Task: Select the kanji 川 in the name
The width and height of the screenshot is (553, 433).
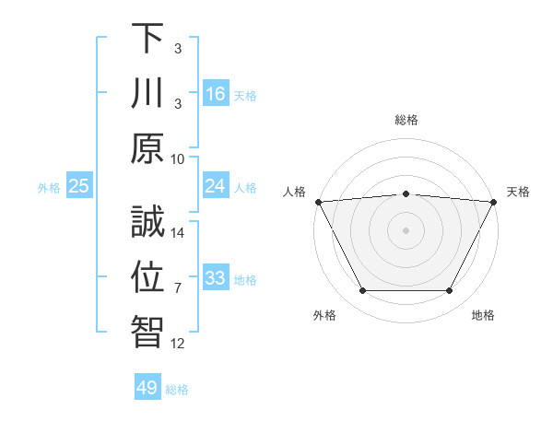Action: click(147, 93)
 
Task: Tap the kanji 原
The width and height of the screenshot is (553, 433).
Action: click(147, 148)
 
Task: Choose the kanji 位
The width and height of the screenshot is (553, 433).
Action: click(147, 277)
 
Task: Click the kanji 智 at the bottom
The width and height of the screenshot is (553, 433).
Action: click(147, 333)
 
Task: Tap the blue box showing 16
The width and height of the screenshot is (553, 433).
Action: click(216, 93)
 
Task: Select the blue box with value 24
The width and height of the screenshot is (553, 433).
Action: click(216, 186)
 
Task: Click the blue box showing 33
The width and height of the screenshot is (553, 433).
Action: click(216, 278)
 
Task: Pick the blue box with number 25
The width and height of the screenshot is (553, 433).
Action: click(79, 186)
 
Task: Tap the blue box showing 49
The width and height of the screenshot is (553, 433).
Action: click(147, 388)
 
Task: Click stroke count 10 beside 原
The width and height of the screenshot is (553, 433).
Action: click(178, 158)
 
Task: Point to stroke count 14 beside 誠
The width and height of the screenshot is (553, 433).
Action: click(178, 233)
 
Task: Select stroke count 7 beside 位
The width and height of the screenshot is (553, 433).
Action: click(178, 288)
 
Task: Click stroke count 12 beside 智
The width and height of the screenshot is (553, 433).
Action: click(178, 344)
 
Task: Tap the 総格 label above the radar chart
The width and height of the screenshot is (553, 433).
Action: click(406, 120)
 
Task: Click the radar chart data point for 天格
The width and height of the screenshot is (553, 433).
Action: click(495, 202)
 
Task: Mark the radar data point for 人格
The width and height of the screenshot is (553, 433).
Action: click(317, 202)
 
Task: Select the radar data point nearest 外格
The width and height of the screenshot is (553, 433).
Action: click(362, 291)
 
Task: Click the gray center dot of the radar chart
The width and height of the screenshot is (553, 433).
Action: click(406, 230)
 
